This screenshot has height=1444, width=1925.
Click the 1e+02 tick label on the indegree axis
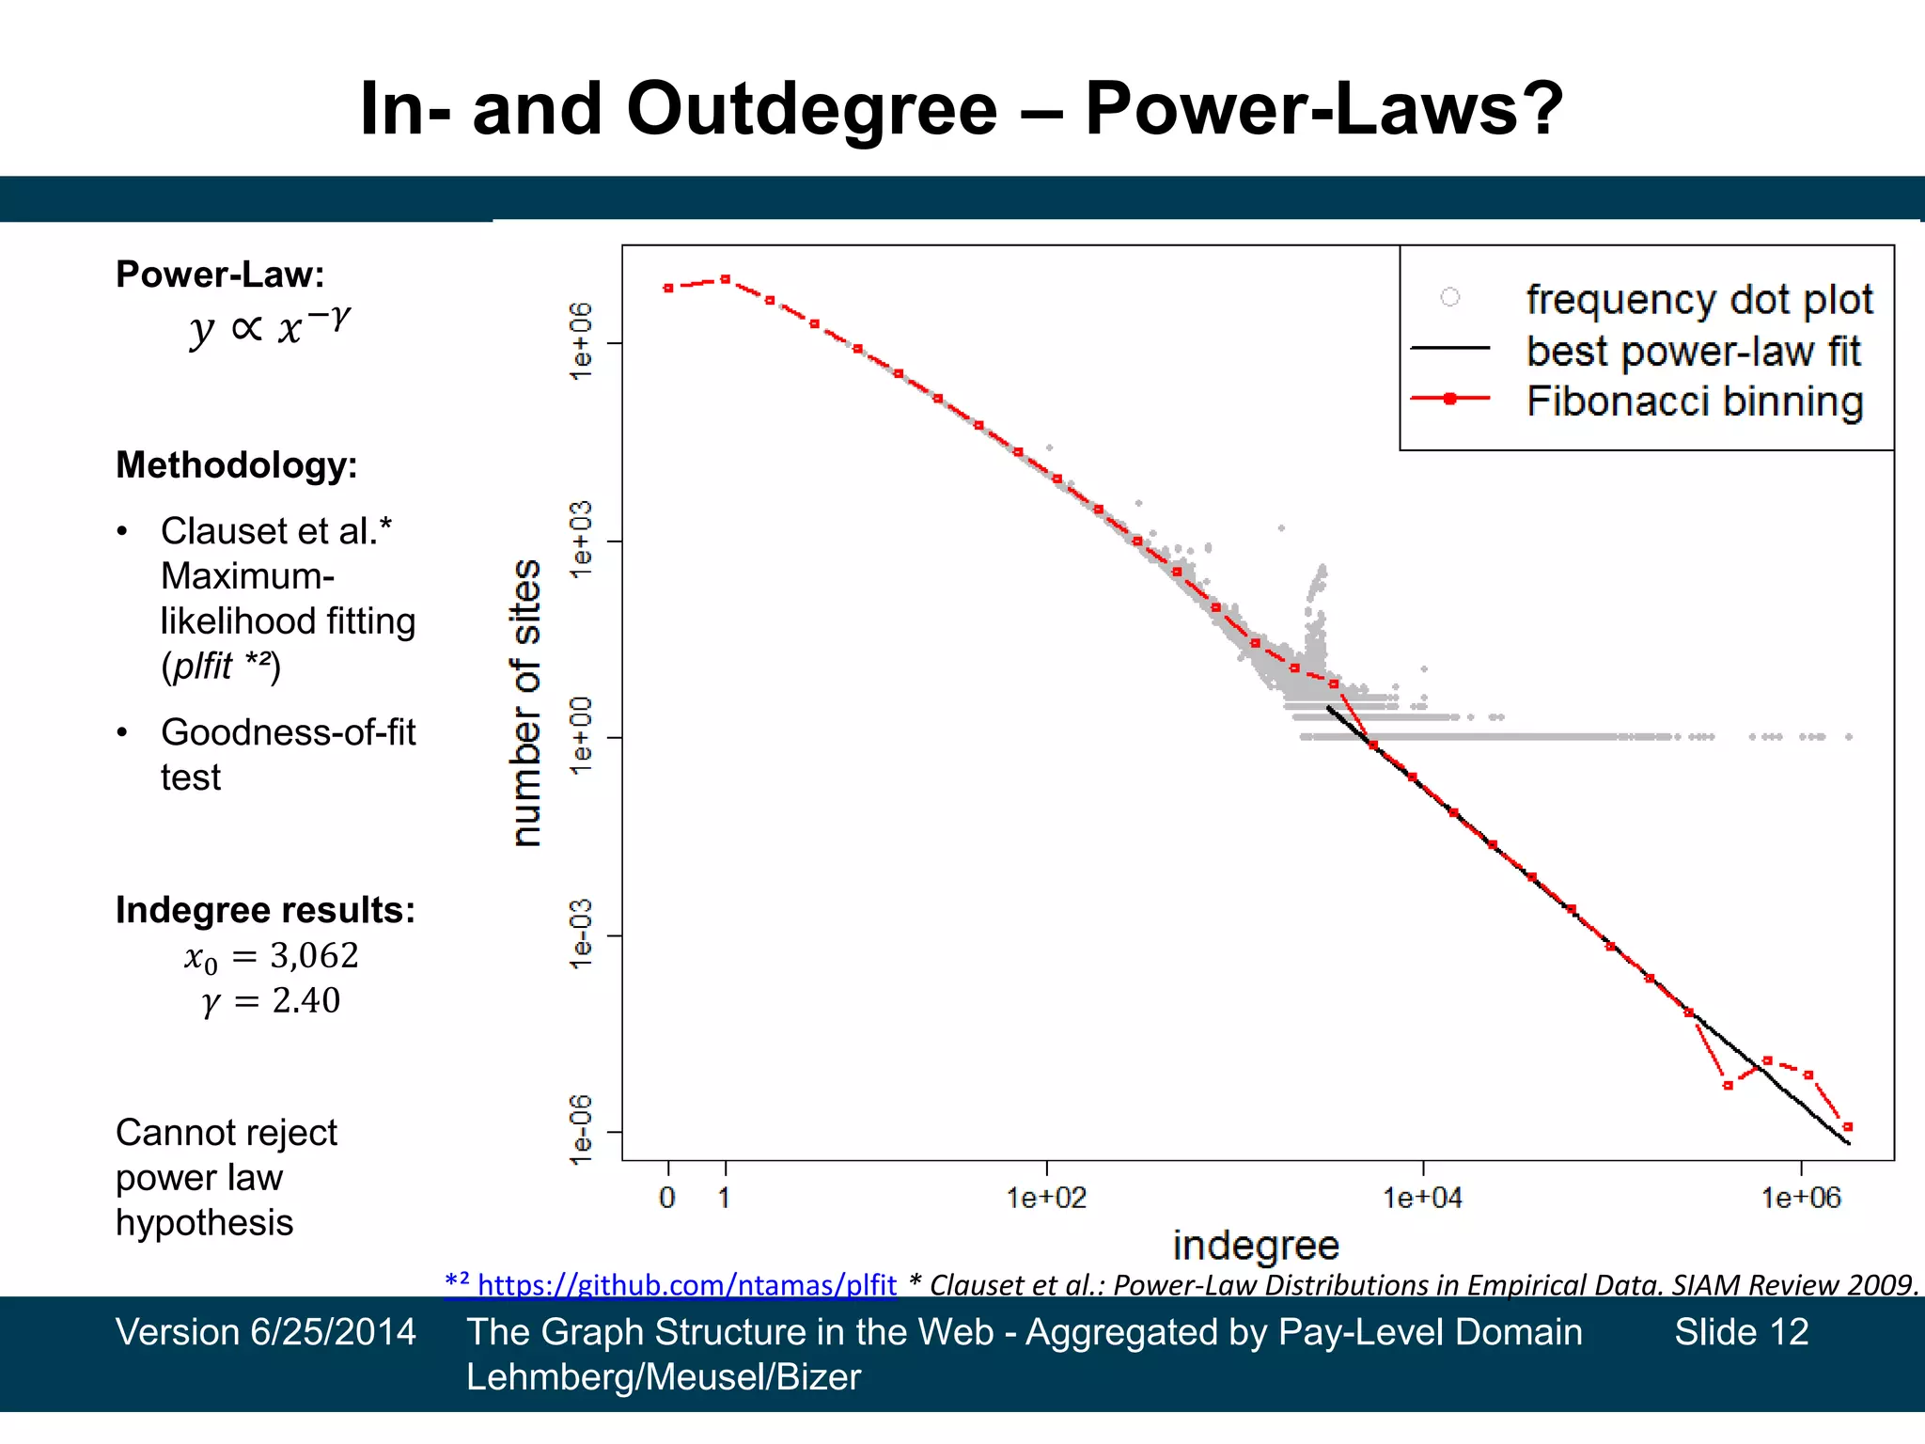point(1046,1198)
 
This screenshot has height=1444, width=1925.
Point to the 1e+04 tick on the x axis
point(1422,1198)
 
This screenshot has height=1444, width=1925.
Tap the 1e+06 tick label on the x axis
point(1800,1198)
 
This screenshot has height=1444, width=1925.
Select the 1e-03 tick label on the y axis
point(582,934)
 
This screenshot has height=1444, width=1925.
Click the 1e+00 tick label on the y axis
point(582,736)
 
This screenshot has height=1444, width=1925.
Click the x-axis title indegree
point(1256,1246)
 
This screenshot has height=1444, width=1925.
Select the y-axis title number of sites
point(526,703)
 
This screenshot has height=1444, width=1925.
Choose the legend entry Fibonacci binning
point(1694,401)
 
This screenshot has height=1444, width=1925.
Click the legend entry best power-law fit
point(1693,351)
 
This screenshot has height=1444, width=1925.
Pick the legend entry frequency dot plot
point(1698,300)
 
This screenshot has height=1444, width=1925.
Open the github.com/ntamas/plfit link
point(686,1284)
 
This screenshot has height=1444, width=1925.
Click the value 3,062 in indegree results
point(314,955)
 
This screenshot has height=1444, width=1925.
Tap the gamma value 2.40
point(305,1000)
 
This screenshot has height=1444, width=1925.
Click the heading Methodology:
point(236,464)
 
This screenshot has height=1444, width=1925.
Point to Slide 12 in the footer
point(1741,1332)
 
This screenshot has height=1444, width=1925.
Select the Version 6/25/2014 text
point(265,1332)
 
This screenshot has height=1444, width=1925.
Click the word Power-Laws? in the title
point(1323,108)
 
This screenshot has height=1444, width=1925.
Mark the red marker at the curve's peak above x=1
point(725,279)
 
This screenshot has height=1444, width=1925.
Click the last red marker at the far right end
point(1848,1126)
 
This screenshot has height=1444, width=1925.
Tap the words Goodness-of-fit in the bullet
point(288,732)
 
